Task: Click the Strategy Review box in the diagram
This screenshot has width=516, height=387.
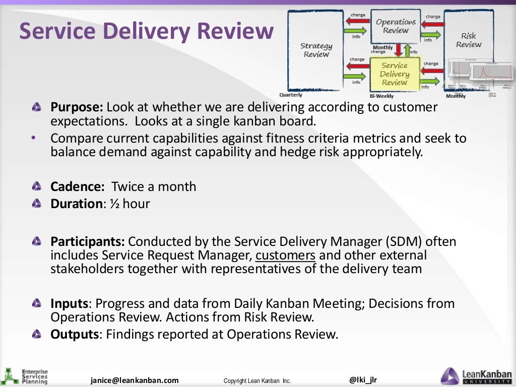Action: coord(316,50)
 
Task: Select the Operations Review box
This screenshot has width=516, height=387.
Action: coord(396,26)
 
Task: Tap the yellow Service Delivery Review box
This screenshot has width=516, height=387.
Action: coord(395,74)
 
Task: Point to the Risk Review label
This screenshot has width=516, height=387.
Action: coord(469,40)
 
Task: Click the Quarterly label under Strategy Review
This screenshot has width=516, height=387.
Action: coord(291,95)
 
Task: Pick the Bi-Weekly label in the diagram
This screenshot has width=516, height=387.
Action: coord(381,96)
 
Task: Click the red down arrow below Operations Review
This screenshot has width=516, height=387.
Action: coord(398,49)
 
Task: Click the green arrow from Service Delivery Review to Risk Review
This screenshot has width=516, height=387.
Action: coord(431,81)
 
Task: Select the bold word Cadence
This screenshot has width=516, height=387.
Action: coord(77,186)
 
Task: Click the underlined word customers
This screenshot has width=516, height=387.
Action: coord(285,255)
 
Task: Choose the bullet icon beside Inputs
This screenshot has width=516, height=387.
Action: coord(36,303)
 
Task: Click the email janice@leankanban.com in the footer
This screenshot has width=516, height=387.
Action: coord(135,380)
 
